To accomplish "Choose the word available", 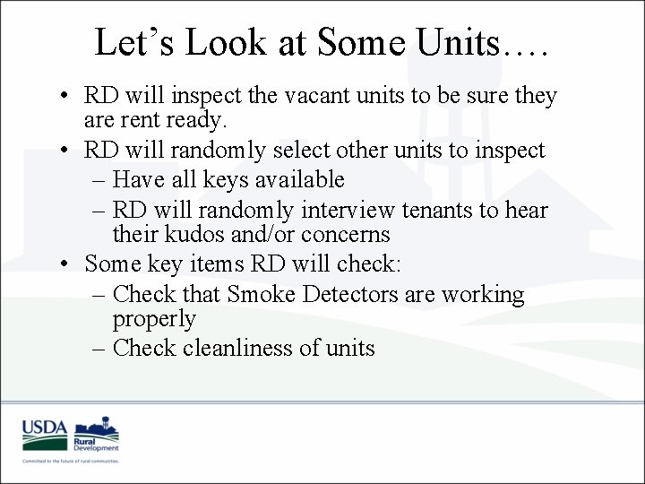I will pos(299,179).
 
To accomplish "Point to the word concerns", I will pos(348,235).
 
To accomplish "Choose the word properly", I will pos(153,319).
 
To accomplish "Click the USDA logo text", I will pos(45,428).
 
